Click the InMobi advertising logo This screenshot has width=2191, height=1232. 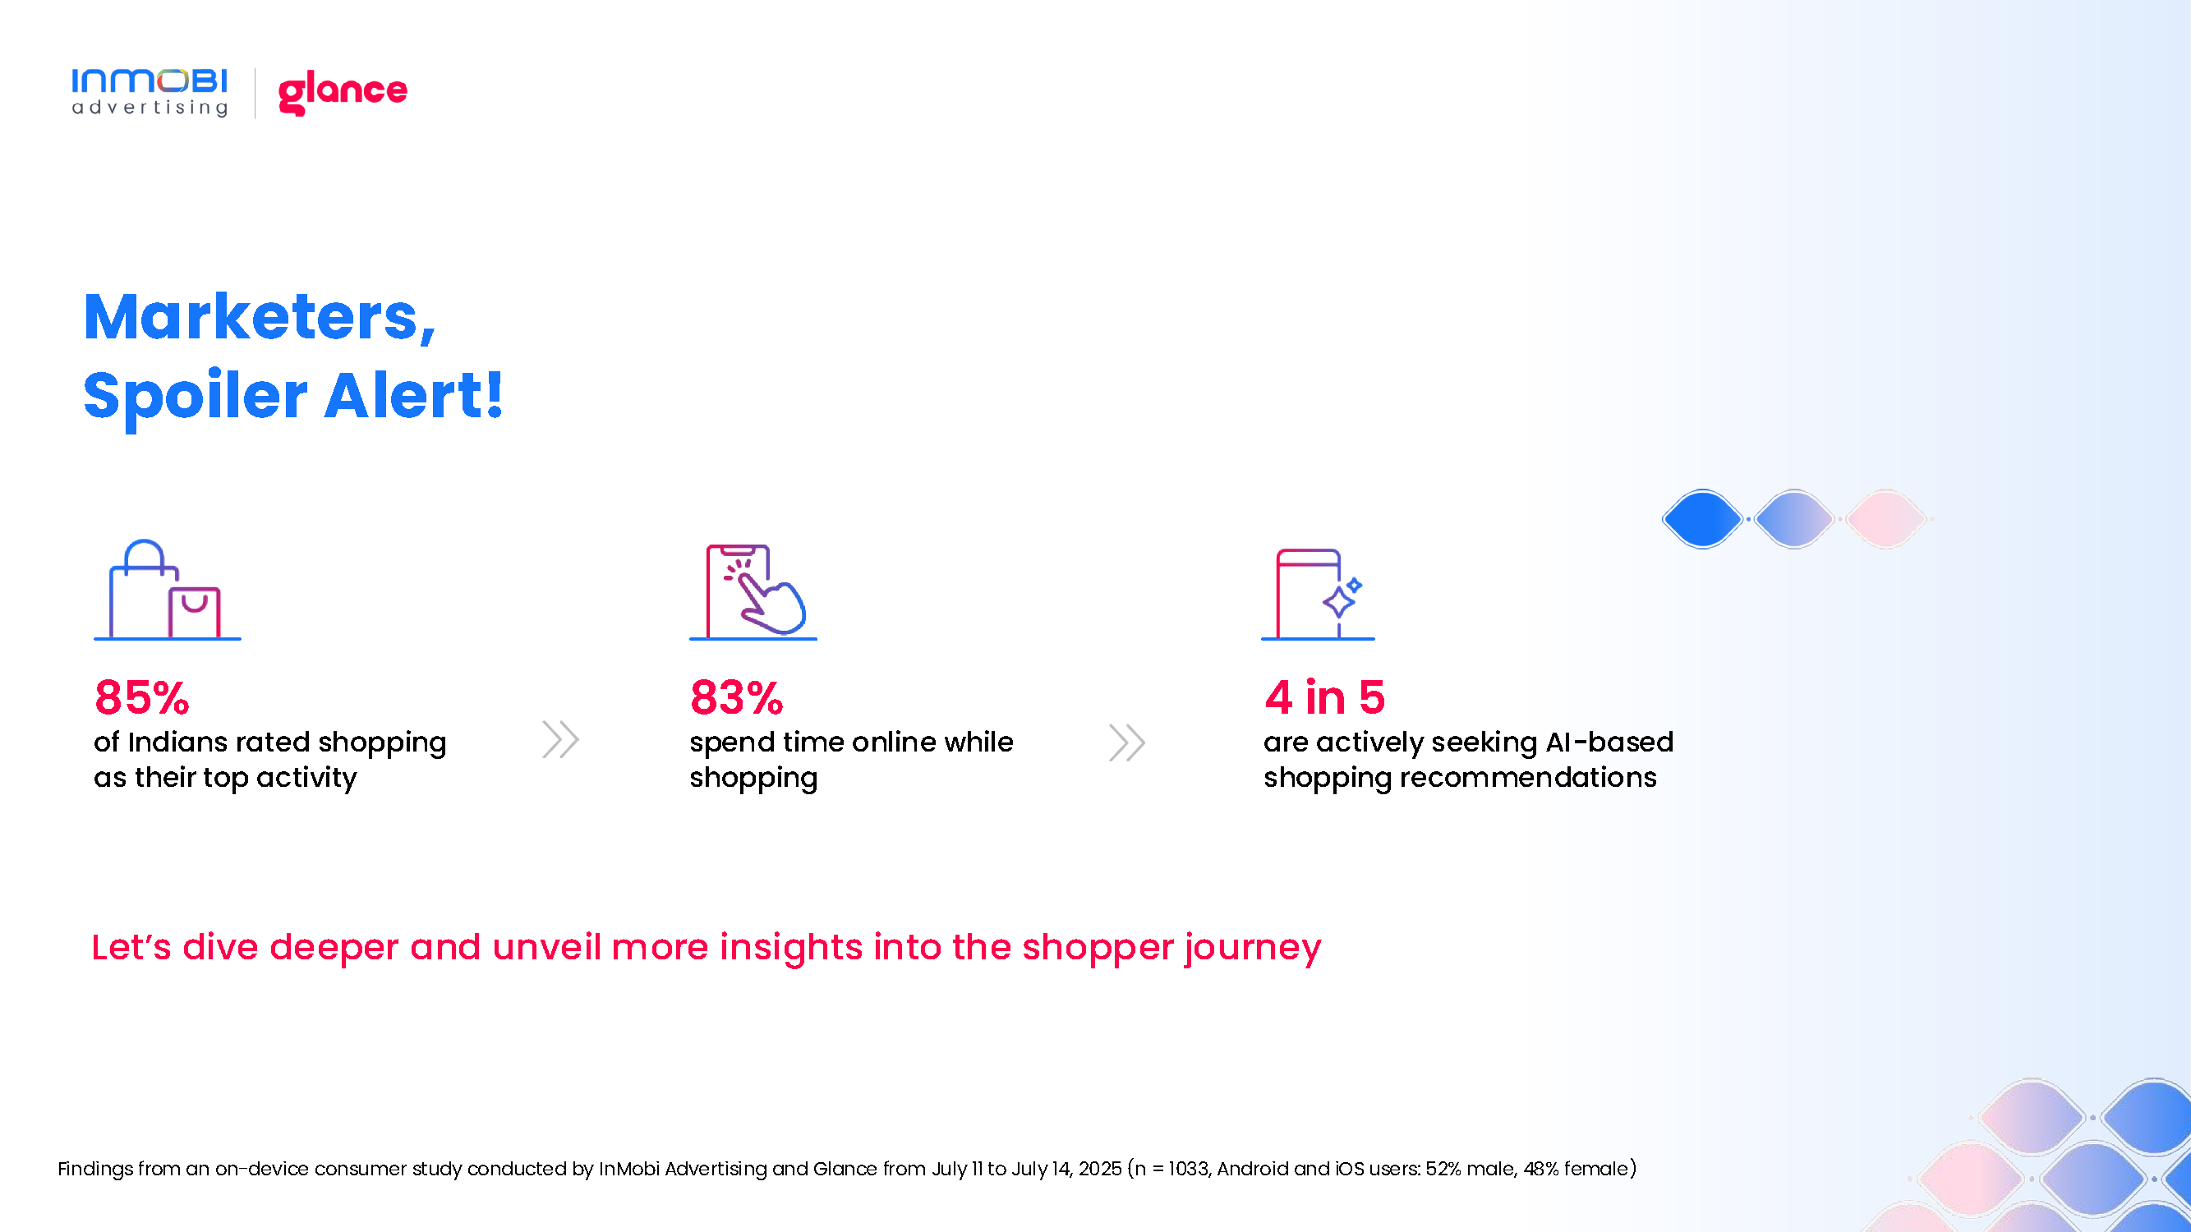coord(150,92)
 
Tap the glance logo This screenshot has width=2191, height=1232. coord(343,92)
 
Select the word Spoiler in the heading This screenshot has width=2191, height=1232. coord(196,397)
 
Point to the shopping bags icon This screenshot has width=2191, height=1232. coord(168,589)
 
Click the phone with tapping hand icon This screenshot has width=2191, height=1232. coord(753,591)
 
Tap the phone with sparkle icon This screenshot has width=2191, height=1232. coord(1318,594)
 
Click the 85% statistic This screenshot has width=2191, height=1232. coord(142,697)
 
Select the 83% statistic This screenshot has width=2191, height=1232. coord(737,697)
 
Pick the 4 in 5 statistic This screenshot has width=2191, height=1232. coord(1325,697)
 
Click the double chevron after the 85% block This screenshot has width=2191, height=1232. coord(560,740)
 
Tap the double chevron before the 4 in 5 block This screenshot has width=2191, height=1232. coord(1127,742)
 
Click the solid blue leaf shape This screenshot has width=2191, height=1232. coord(1703,518)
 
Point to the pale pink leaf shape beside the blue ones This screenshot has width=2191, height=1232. coord(1886,518)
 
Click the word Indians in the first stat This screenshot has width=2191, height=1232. coord(177,742)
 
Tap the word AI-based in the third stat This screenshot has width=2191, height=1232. coord(1609,742)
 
